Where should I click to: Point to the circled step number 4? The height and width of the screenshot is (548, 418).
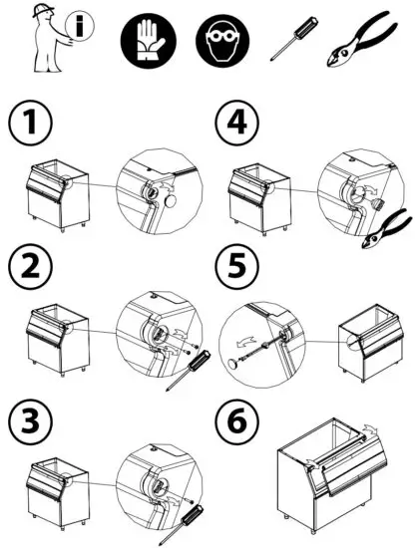click(x=235, y=127)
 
